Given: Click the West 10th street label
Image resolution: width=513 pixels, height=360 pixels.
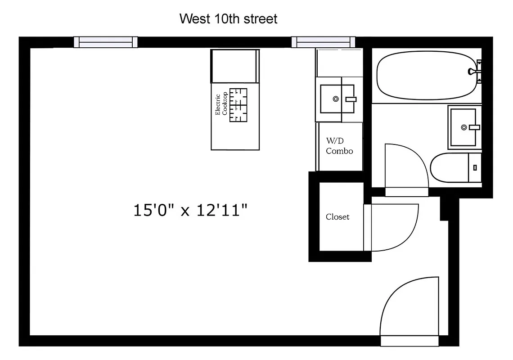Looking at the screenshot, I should click(228, 19).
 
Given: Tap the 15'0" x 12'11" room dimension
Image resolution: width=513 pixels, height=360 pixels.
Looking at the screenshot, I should click(191, 210).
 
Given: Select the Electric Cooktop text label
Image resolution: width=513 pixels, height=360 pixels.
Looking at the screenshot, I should click(221, 104).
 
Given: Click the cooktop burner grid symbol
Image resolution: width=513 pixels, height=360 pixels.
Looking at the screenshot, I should click(238, 105).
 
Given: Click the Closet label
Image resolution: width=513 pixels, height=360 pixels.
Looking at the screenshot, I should click(337, 217).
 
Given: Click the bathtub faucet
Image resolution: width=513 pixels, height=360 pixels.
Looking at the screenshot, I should click(474, 71).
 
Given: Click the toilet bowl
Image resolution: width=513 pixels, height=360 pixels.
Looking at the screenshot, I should click(448, 167).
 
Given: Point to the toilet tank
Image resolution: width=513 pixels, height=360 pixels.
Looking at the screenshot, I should click(475, 167).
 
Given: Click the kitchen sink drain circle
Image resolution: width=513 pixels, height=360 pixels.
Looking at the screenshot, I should click(335, 99).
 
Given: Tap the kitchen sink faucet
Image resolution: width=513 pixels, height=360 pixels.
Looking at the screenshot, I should click(351, 99).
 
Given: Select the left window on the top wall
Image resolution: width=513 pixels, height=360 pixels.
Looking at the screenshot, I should click(106, 42).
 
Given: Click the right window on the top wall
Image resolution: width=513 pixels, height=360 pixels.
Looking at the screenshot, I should click(323, 42).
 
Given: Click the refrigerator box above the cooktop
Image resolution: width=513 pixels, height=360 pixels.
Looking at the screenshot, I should click(235, 66).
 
